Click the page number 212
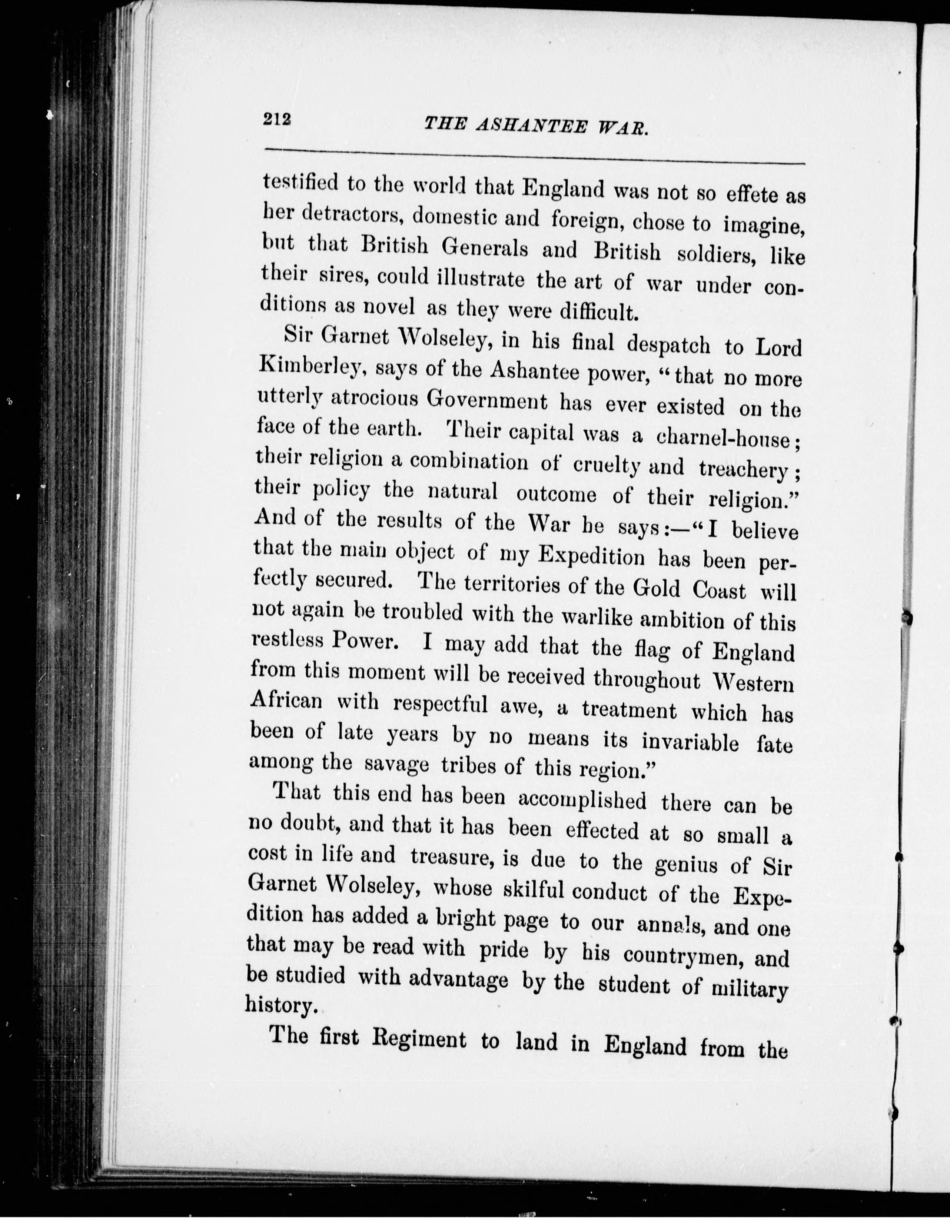click(x=277, y=120)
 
